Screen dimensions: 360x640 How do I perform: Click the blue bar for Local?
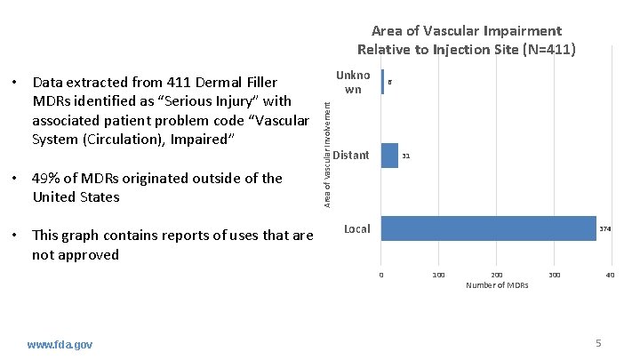tap(488, 228)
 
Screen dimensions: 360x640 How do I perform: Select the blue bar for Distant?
tap(389, 156)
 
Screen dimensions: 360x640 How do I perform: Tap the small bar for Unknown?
tap(382, 82)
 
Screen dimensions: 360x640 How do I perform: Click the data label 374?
tap(604, 229)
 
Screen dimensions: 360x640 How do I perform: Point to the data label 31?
tap(405, 156)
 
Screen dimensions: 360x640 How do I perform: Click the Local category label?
tap(356, 229)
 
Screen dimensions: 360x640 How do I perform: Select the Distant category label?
tap(351, 156)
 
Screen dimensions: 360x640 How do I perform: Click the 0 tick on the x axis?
tap(381, 276)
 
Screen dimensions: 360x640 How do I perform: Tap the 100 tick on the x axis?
tap(438, 276)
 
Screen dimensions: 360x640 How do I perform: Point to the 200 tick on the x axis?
tap(496, 276)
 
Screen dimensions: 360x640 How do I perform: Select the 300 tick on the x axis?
tap(553, 276)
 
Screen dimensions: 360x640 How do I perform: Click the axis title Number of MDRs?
tap(497, 285)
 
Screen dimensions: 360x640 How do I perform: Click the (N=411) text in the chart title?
tap(551, 49)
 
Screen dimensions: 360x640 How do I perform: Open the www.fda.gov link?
tap(60, 344)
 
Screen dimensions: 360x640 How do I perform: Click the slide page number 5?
tap(598, 343)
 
